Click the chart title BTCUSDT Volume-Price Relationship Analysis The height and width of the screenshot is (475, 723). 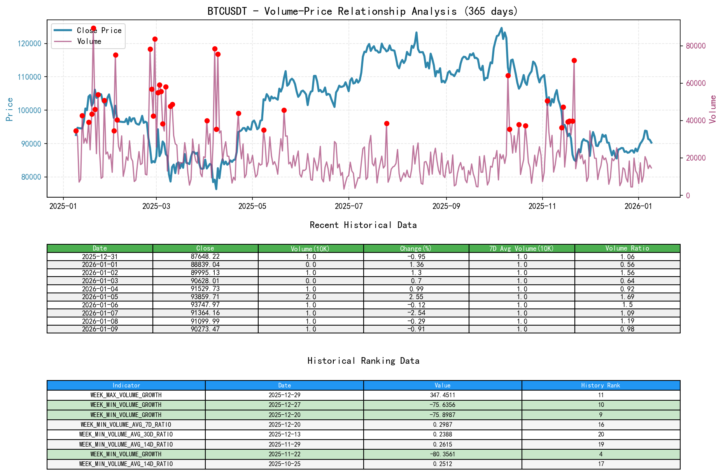pyautogui.click(x=362, y=11)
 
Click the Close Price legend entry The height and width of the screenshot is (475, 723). pyautogui.click(x=99, y=30)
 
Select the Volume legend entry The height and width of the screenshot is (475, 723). pyautogui.click(x=89, y=41)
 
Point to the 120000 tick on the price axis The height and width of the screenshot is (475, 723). pyautogui.click(x=30, y=44)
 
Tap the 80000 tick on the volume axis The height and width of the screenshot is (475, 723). pyautogui.click(x=696, y=46)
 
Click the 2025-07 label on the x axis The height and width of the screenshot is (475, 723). pyautogui.click(x=348, y=206)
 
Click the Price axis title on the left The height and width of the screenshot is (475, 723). pyautogui.click(x=10, y=109)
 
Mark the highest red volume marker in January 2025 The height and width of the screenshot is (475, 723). pyautogui.click(x=93, y=28)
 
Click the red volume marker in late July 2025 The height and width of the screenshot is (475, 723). pyautogui.click(x=387, y=123)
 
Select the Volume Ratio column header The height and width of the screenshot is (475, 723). pyautogui.click(x=627, y=248)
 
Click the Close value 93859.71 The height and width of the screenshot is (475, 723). pyautogui.click(x=205, y=297)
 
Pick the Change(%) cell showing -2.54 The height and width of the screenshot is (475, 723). pyautogui.click(x=416, y=313)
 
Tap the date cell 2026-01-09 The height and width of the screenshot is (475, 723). pyautogui.click(x=100, y=329)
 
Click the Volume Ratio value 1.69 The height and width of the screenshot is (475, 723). pyautogui.click(x=627, y=297)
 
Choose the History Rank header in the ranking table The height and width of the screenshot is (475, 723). pyautogui.click(x=600, y=385)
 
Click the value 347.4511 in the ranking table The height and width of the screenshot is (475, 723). pyautogui.click(x=442, y=395)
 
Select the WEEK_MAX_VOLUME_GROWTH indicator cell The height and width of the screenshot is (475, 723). pyautogui.click(x=126, y=395)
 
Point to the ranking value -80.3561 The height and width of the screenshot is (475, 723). pyautogui.click(x=442, y=454)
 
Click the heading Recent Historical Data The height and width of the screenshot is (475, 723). pyautogui.click(x=363, y=225)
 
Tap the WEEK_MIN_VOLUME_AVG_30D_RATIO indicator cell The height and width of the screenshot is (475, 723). pyautogui.click(x=126, y=434)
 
